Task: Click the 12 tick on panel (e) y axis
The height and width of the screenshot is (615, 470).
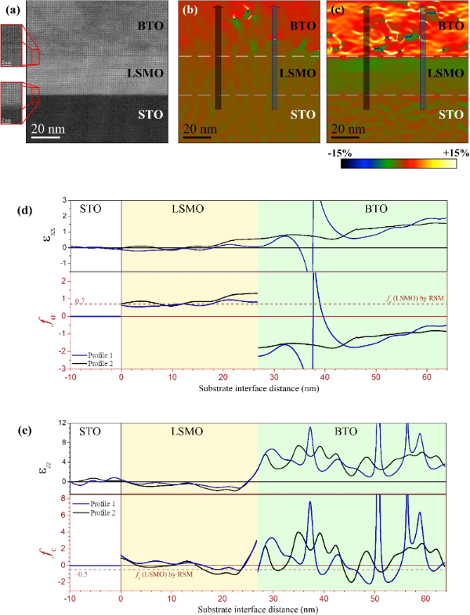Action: pos(61,423)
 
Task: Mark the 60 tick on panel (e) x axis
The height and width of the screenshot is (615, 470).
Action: pos(425,599)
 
